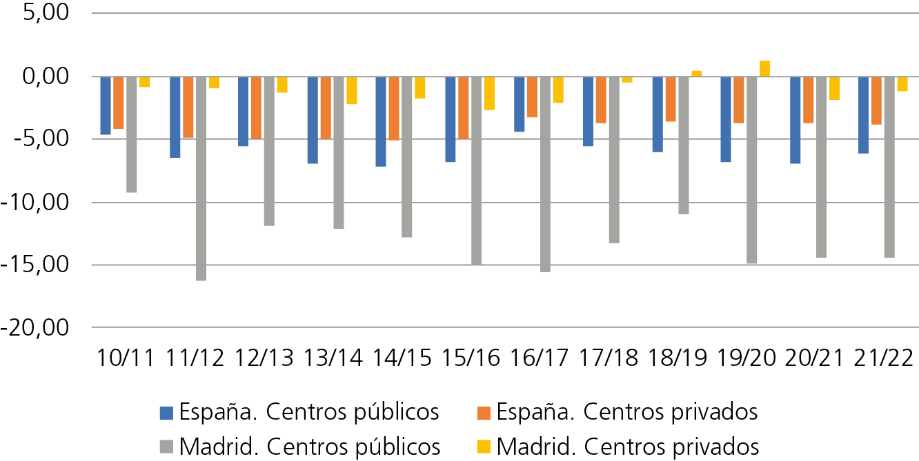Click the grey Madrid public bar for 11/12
(201, 178)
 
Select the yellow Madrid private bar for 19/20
(764, 68)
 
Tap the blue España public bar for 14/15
(381, 122)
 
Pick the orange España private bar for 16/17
(532, 97)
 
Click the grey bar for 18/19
(684, 145)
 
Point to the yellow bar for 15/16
(489, 94)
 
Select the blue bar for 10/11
(106, 105)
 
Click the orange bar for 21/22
(876, 101)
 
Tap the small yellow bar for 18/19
(697, 74)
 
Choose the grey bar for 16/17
(545, 174)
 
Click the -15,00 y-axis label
(35, 265)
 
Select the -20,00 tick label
(35, 328)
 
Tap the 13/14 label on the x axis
(333, 358)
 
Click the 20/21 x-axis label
(814, 358)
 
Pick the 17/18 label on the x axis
(608, 358)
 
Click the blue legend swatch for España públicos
(166, 413)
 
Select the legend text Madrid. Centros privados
(628, 447)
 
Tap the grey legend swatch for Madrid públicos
(166, 447)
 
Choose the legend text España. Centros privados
(627, 412)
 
